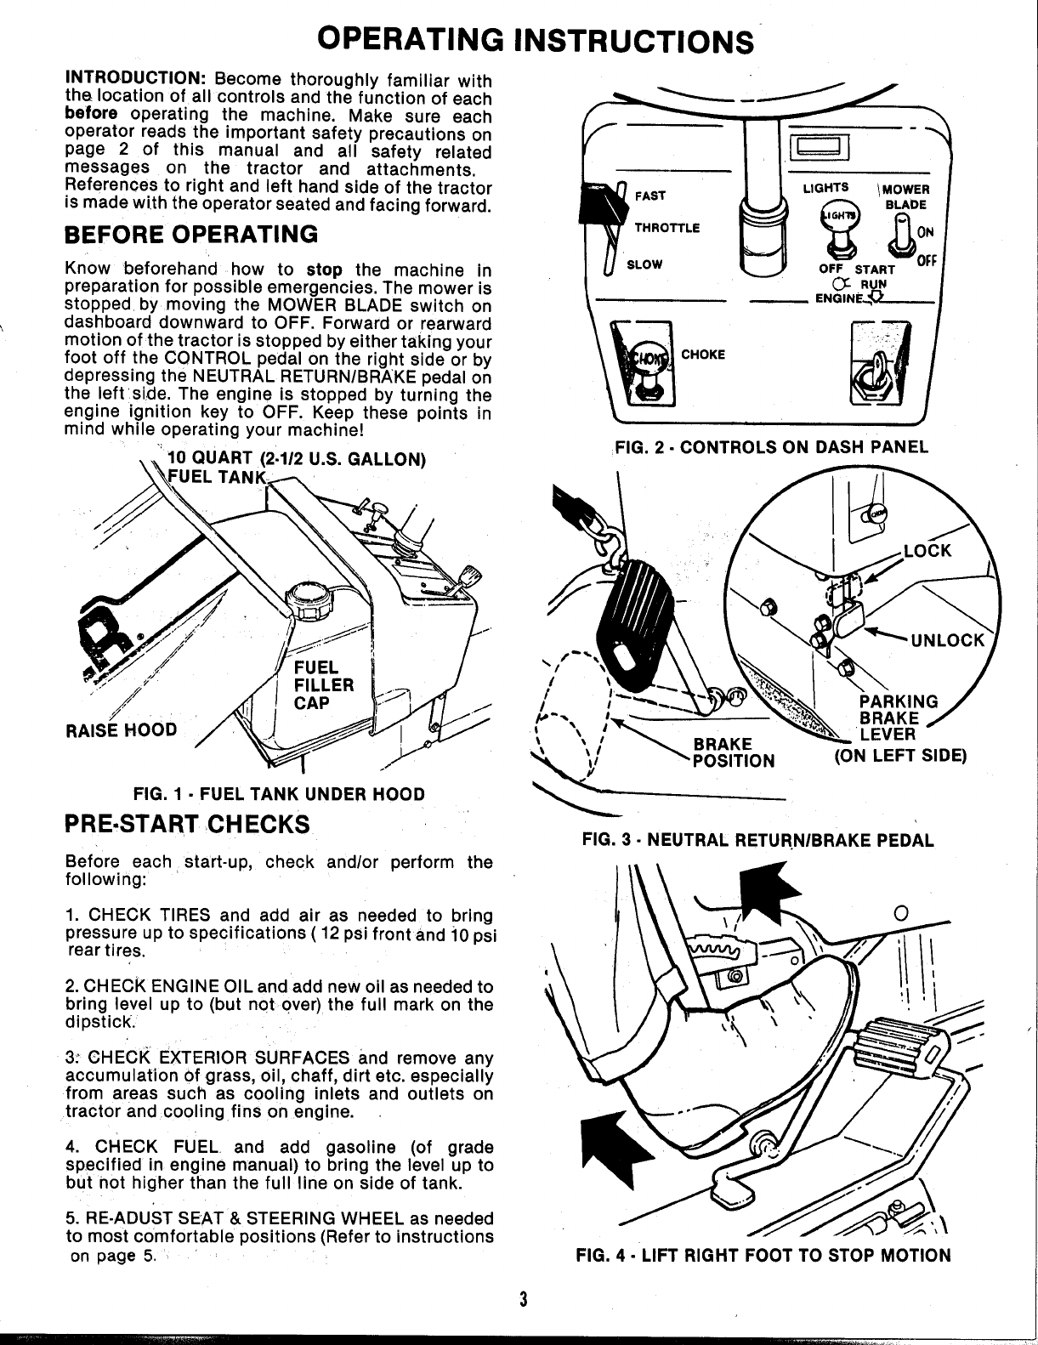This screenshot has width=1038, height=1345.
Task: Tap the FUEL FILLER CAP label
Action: (323, 685)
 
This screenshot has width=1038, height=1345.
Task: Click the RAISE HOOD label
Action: (121, 729)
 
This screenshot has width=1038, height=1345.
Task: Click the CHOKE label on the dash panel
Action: (703, 355)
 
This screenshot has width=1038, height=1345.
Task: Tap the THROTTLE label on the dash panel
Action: (667, 228)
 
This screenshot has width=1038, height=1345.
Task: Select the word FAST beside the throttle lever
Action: (650, 196)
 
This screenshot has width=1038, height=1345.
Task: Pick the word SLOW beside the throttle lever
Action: (644, 264)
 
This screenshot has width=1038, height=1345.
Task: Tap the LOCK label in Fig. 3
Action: (927, 550)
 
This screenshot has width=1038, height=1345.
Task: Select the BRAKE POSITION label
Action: (733, 752)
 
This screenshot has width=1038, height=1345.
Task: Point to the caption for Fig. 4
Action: (763, 1255)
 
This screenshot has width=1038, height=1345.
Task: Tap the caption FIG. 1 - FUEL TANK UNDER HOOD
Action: (279, 794)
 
